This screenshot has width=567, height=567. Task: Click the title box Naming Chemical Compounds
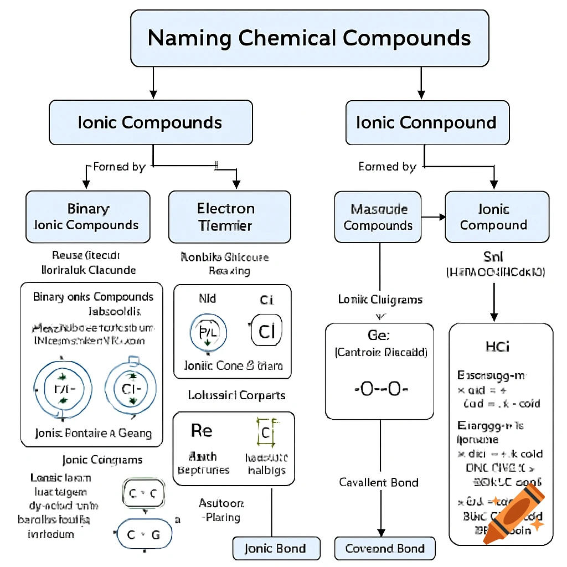point(310,38)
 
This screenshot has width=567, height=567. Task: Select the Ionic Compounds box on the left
point(151,122)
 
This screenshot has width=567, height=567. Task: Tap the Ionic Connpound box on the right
point(427,122)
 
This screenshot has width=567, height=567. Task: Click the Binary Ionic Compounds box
point(87,217)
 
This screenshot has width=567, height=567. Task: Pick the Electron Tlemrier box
point(229,217)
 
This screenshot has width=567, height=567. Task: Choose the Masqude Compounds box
point(378,217)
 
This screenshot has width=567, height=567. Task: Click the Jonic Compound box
point(497,217)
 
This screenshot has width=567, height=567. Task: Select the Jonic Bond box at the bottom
point(276,549)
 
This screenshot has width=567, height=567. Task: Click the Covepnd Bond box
point(385,549)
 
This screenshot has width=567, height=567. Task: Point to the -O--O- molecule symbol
point(380,389)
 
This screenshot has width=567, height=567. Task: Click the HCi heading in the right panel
point(497,347)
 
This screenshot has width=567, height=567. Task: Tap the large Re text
point(202,430)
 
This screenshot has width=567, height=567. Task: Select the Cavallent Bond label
point(379,482)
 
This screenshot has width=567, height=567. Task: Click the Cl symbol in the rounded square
point(266,332)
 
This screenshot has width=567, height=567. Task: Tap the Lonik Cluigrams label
point(380,300)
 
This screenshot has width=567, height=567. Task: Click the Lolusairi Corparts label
point(236,395)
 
